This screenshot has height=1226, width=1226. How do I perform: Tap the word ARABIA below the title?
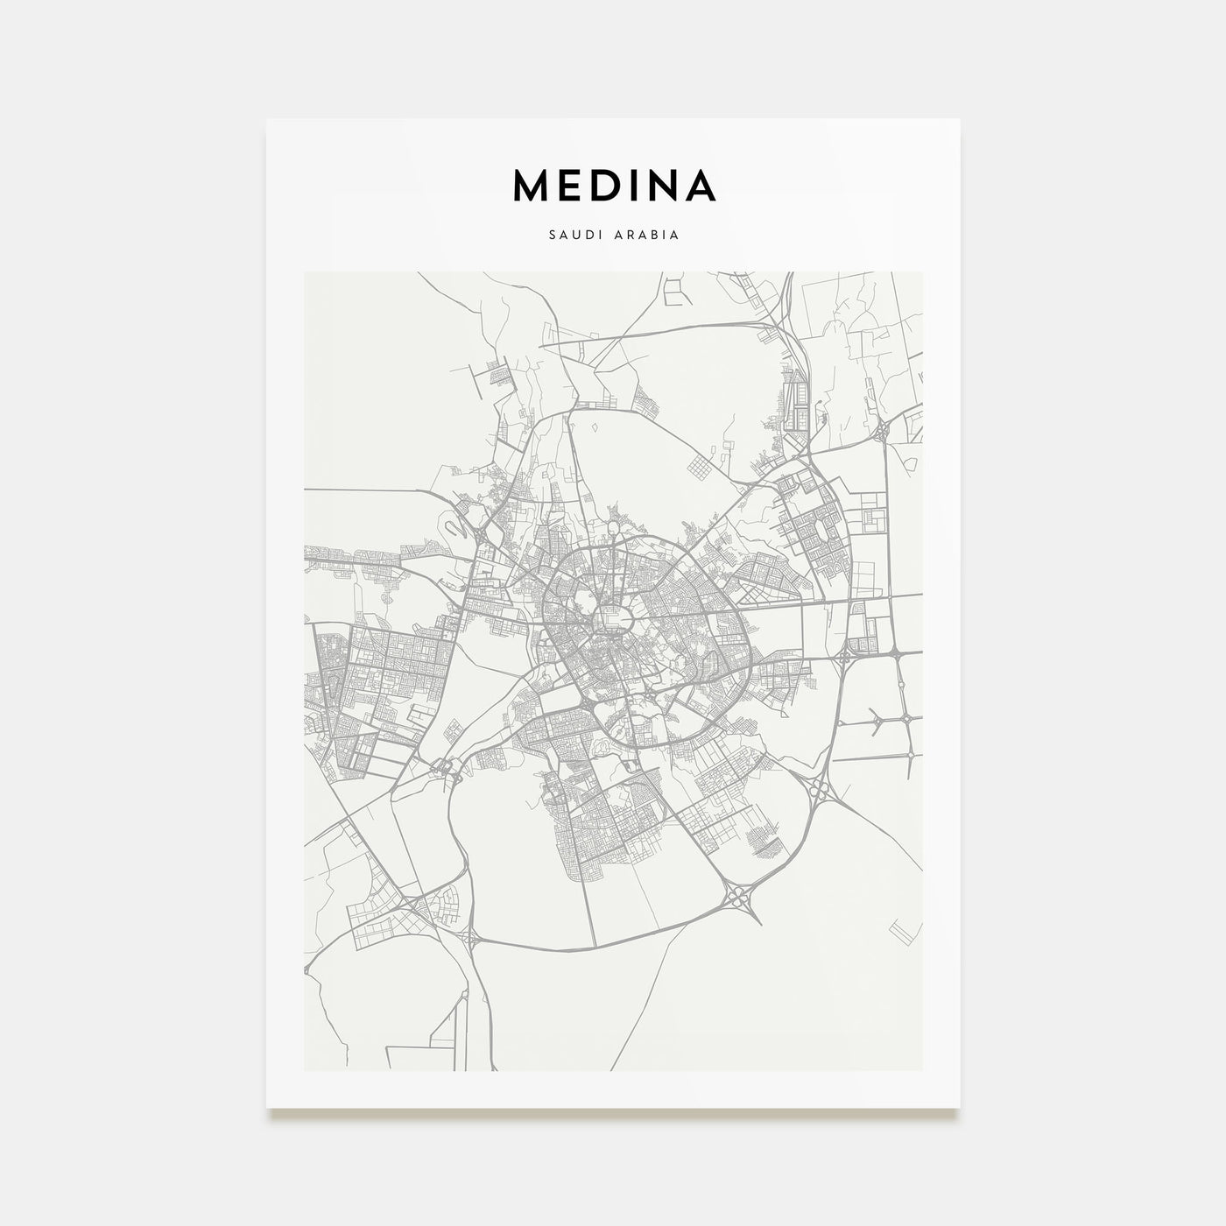(648, 236)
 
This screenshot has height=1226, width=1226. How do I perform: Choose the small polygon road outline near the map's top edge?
(674, 291)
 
